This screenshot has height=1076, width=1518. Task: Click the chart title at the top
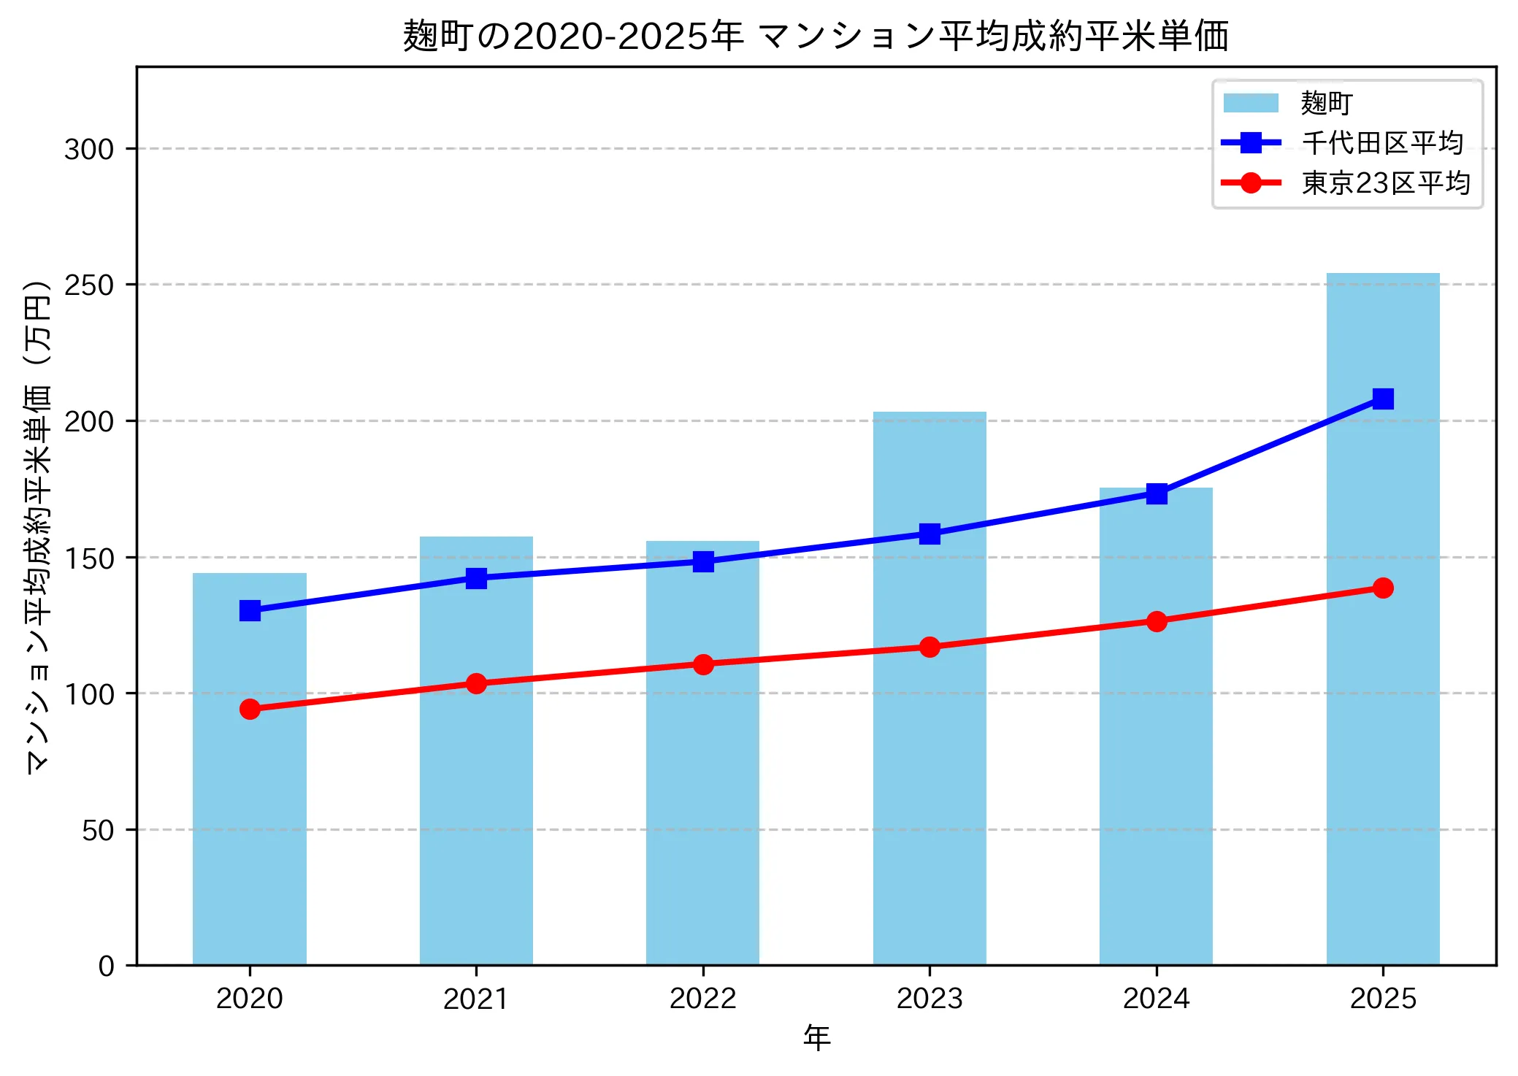coord(816,36)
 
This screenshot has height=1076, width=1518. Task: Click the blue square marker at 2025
coord(1382,399)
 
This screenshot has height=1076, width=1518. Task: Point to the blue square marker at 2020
coord(250,610)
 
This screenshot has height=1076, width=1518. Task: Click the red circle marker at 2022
coord(703,664)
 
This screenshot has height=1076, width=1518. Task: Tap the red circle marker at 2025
coord(1382,588)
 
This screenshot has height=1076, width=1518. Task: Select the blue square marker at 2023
coord(929,534)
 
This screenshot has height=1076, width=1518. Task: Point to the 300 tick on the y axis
coord(89,149)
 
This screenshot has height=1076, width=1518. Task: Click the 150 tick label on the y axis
coord(89,558)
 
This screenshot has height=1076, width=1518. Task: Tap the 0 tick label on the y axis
coord(107,967)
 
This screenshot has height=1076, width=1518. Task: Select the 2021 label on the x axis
coord(476,999)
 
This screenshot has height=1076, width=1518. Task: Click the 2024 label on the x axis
coord(1156,999)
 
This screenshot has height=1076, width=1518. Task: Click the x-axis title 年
coord(816,1038)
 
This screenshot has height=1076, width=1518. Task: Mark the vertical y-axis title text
coord(38,526)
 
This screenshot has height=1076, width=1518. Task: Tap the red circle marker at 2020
coord(250,709)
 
